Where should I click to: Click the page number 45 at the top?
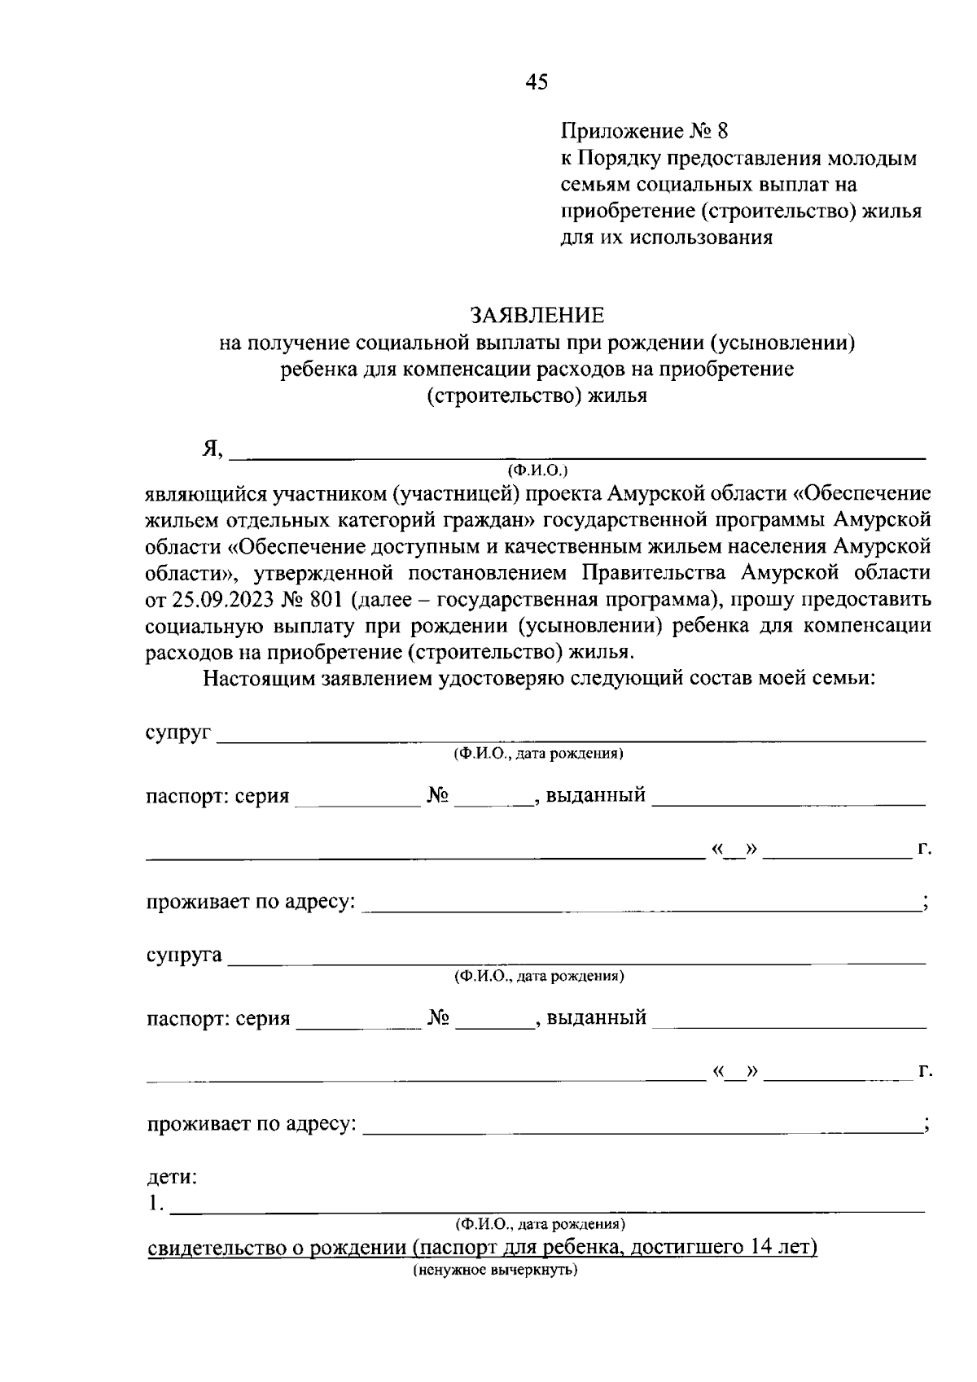[537, 81]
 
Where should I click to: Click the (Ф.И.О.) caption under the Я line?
[537, 470]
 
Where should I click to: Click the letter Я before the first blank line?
[212, 449]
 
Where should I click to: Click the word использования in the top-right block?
[708, 238]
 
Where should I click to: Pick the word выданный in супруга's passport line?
[596, 1017]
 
